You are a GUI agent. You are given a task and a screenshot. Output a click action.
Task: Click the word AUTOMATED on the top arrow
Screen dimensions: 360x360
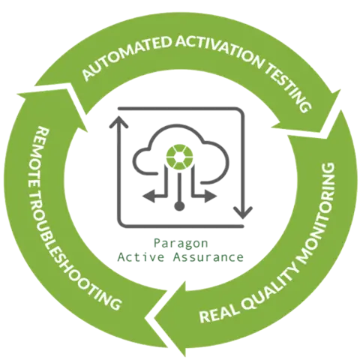(x=126, y=57)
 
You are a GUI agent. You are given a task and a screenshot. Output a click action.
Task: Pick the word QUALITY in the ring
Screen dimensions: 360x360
(x=270, y=285)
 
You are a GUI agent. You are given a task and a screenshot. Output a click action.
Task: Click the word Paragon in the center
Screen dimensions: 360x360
(x=181, y=243)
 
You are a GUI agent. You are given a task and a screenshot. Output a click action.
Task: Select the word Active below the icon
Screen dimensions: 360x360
(x=141, y=257)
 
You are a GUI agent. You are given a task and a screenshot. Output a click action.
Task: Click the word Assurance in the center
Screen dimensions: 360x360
(x=208, y=257)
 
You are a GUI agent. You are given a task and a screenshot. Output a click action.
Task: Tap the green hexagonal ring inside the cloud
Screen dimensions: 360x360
(x=179, y=157)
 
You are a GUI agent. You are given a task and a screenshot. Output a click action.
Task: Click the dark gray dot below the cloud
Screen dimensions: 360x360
(x=179, y=205)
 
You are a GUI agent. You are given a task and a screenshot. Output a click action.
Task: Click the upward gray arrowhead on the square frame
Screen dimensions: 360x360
(x=119, y=122)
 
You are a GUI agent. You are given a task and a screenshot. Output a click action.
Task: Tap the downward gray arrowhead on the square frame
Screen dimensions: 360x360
(x=243, y=213)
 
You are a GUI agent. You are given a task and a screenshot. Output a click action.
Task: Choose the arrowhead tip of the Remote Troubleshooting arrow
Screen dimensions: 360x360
(x=17, y=94)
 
